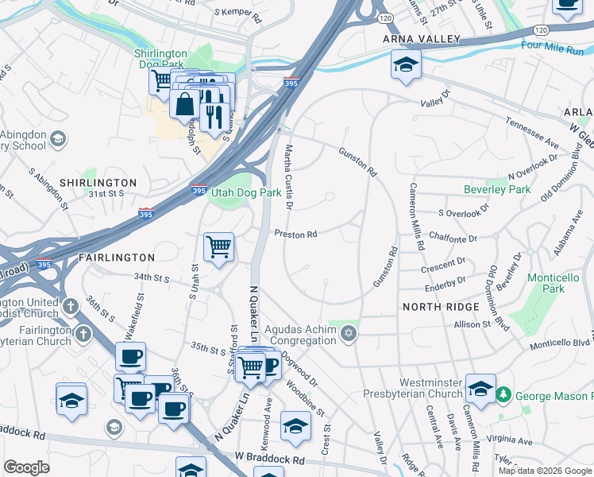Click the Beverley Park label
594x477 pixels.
497,190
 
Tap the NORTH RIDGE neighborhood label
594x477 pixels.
441,307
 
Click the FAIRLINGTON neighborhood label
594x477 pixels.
117,258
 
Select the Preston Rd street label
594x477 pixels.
296,235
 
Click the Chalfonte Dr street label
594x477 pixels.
452,238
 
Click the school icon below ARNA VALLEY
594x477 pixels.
406,64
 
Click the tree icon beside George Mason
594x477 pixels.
503,394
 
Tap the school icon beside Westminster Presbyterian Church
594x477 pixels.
480,389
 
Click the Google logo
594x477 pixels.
27,467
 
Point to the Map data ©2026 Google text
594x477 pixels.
544,471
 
